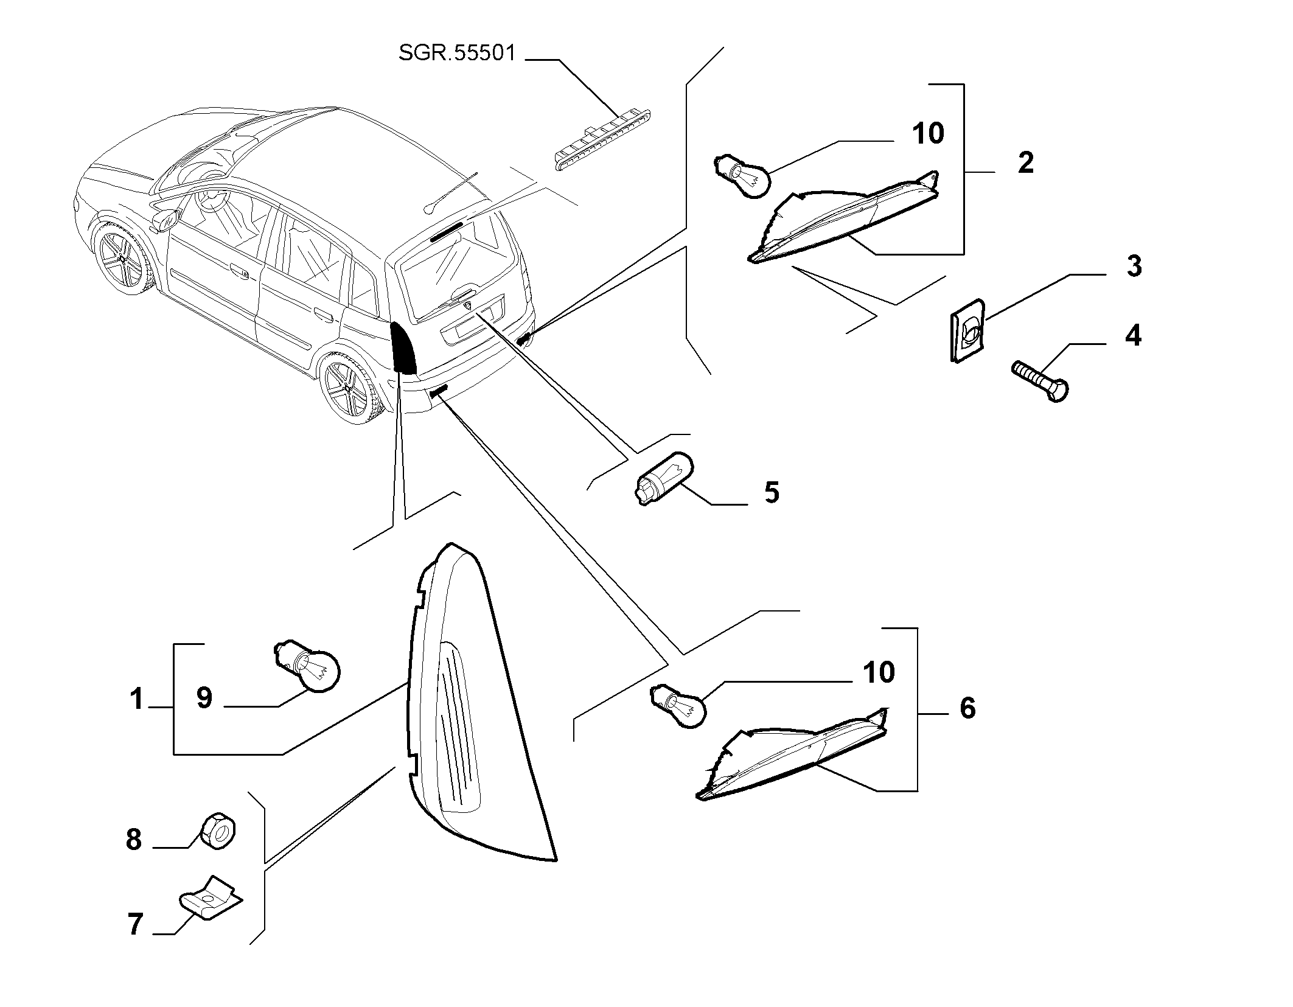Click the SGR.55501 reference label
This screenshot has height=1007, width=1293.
click(457, 53)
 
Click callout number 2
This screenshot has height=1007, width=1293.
click(1025, 163)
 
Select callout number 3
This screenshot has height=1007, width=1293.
click(1134, 267)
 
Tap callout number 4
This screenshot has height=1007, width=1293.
click(1132, 335)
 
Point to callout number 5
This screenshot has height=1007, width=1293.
click(772, 492)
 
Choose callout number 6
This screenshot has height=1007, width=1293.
click(967, 708)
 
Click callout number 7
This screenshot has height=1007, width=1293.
click(135, 924)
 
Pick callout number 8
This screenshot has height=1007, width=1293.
click(133, 840)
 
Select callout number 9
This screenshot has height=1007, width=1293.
click(204, 698)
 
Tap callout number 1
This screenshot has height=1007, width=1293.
click(136, 699)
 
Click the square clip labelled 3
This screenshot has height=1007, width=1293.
click(967, 330)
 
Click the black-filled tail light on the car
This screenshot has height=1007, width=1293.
click(403, 347)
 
